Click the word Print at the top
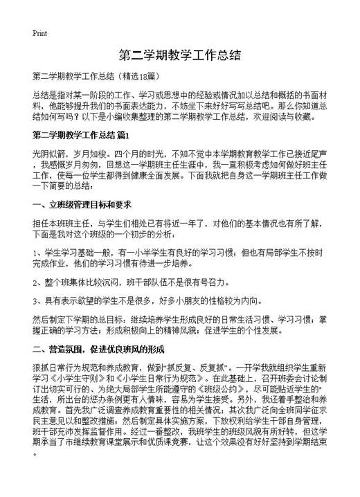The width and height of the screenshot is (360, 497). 39,33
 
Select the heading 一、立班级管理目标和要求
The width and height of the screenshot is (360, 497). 81,206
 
